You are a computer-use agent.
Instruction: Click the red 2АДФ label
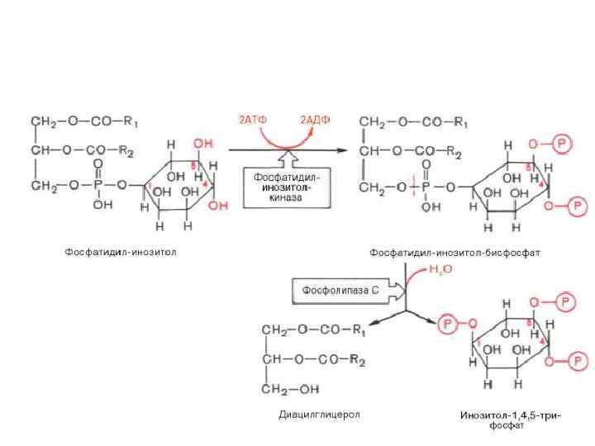pos(315,121)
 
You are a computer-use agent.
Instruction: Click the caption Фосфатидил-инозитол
pos(121,252)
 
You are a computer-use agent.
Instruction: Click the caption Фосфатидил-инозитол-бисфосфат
pos(455,252)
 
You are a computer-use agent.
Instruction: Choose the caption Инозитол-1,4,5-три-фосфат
pos(511,420)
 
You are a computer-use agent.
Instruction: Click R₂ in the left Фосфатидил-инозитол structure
pos(126,150)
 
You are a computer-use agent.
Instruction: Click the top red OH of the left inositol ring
pos(202,144)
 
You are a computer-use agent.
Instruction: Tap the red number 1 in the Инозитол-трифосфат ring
pos(478,341)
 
